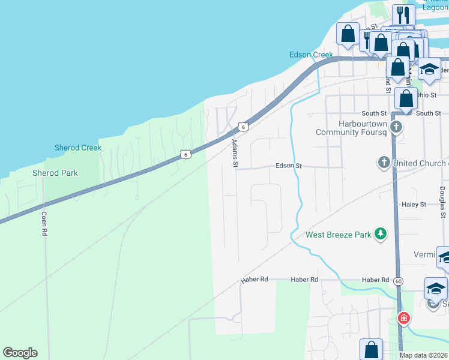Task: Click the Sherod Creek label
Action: point(78,148)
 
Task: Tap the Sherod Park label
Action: point(55,173)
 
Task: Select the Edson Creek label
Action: point(311,55)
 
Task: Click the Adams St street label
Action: point(235,154)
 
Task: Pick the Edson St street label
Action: point(288,166)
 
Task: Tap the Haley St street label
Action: point(414,205)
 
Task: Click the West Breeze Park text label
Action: point(339,235)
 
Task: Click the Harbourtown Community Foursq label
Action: point(349,128)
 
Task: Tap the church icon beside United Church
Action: point(384,163)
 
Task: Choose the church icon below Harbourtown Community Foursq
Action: point(395,127)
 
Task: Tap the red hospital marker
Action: point(404,317)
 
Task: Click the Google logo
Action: point(20,353)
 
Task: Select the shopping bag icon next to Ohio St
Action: point(406,97)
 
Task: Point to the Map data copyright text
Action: point(424,355)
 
